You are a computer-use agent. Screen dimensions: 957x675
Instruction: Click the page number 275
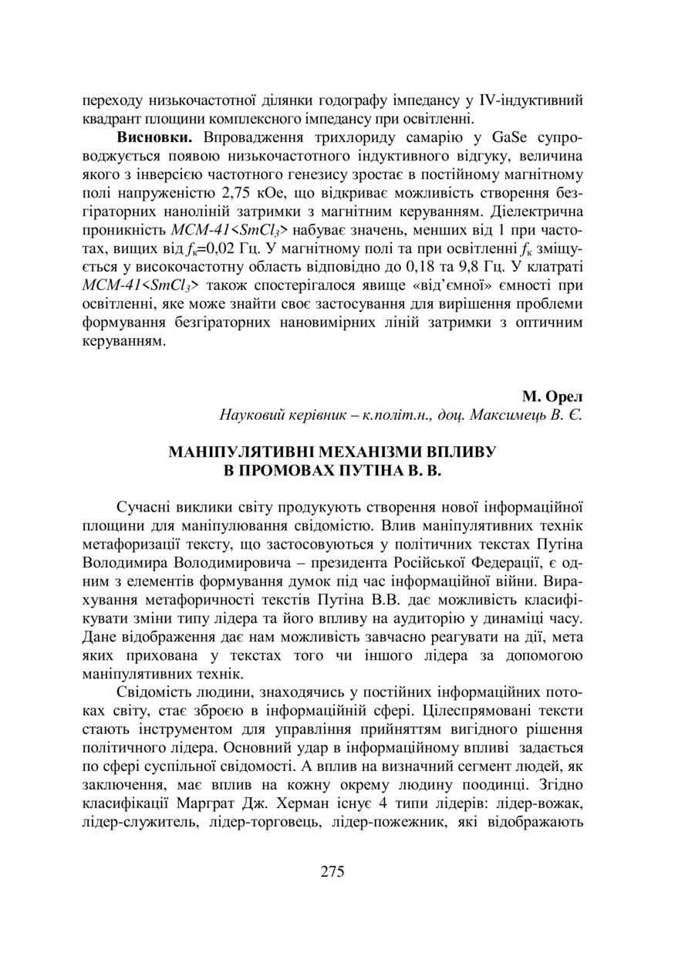pyautogui.click(x=332, y=873)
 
